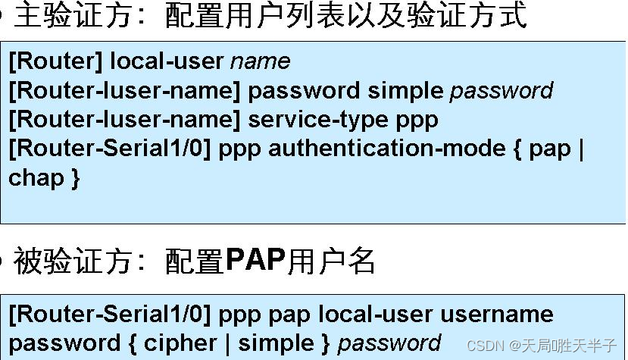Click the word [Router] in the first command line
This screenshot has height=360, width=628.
pyautogui.click(x=56, y=61)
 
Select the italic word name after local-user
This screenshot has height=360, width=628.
pyautogui.click(x=260, y=61)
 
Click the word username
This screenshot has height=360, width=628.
pyautogui.click(x=496, y=314)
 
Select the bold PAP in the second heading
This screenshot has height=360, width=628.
pyautogui.click(x=255, y=261)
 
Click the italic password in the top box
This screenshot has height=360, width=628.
pyautogui.click(x=501, y=91)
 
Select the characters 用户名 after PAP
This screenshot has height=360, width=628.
pyautogui.click(x=331, y=261)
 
